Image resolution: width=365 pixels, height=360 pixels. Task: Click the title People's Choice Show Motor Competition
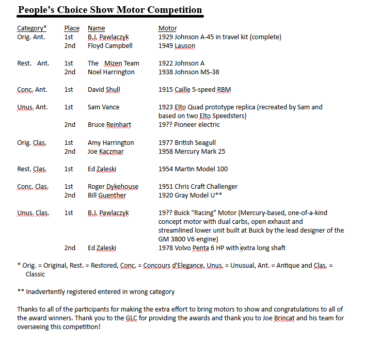click(110, 10)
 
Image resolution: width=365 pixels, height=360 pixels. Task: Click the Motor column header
click(167, 28)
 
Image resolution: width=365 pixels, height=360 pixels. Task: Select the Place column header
click(72, 28)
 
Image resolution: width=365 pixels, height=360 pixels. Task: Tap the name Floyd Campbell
click(110, 45)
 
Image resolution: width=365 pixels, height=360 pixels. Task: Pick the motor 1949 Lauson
click(177, 45)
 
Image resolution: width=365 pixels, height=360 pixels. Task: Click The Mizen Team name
click(114, 63)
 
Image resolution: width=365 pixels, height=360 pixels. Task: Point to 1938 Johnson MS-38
click(188, 72)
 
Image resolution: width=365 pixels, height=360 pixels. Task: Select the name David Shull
click(104, 89)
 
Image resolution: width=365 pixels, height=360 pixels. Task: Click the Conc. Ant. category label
click(32, 89)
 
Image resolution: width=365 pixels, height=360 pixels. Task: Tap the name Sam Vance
click(103, 107)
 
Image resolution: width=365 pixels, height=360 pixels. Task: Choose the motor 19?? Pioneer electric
click(189, 124)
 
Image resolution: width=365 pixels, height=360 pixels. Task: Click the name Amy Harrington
click(110, 142)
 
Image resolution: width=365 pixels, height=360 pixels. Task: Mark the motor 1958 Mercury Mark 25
click(192, 151)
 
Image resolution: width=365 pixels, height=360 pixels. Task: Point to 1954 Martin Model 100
click(193, 169)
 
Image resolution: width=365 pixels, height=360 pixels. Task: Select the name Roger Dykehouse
click(113, 186)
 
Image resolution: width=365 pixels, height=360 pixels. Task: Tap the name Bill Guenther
click(107, 195)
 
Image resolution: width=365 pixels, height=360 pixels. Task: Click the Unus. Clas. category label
click(32, 212)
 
